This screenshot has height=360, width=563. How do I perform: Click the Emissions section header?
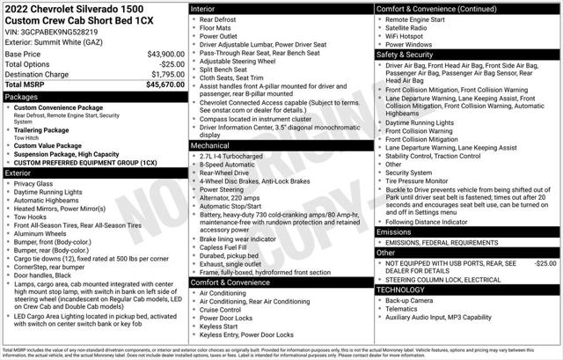(x=395, y=231)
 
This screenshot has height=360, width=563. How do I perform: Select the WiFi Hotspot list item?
(x=411, y=35)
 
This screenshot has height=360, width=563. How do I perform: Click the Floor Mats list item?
(x=215, y=28)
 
